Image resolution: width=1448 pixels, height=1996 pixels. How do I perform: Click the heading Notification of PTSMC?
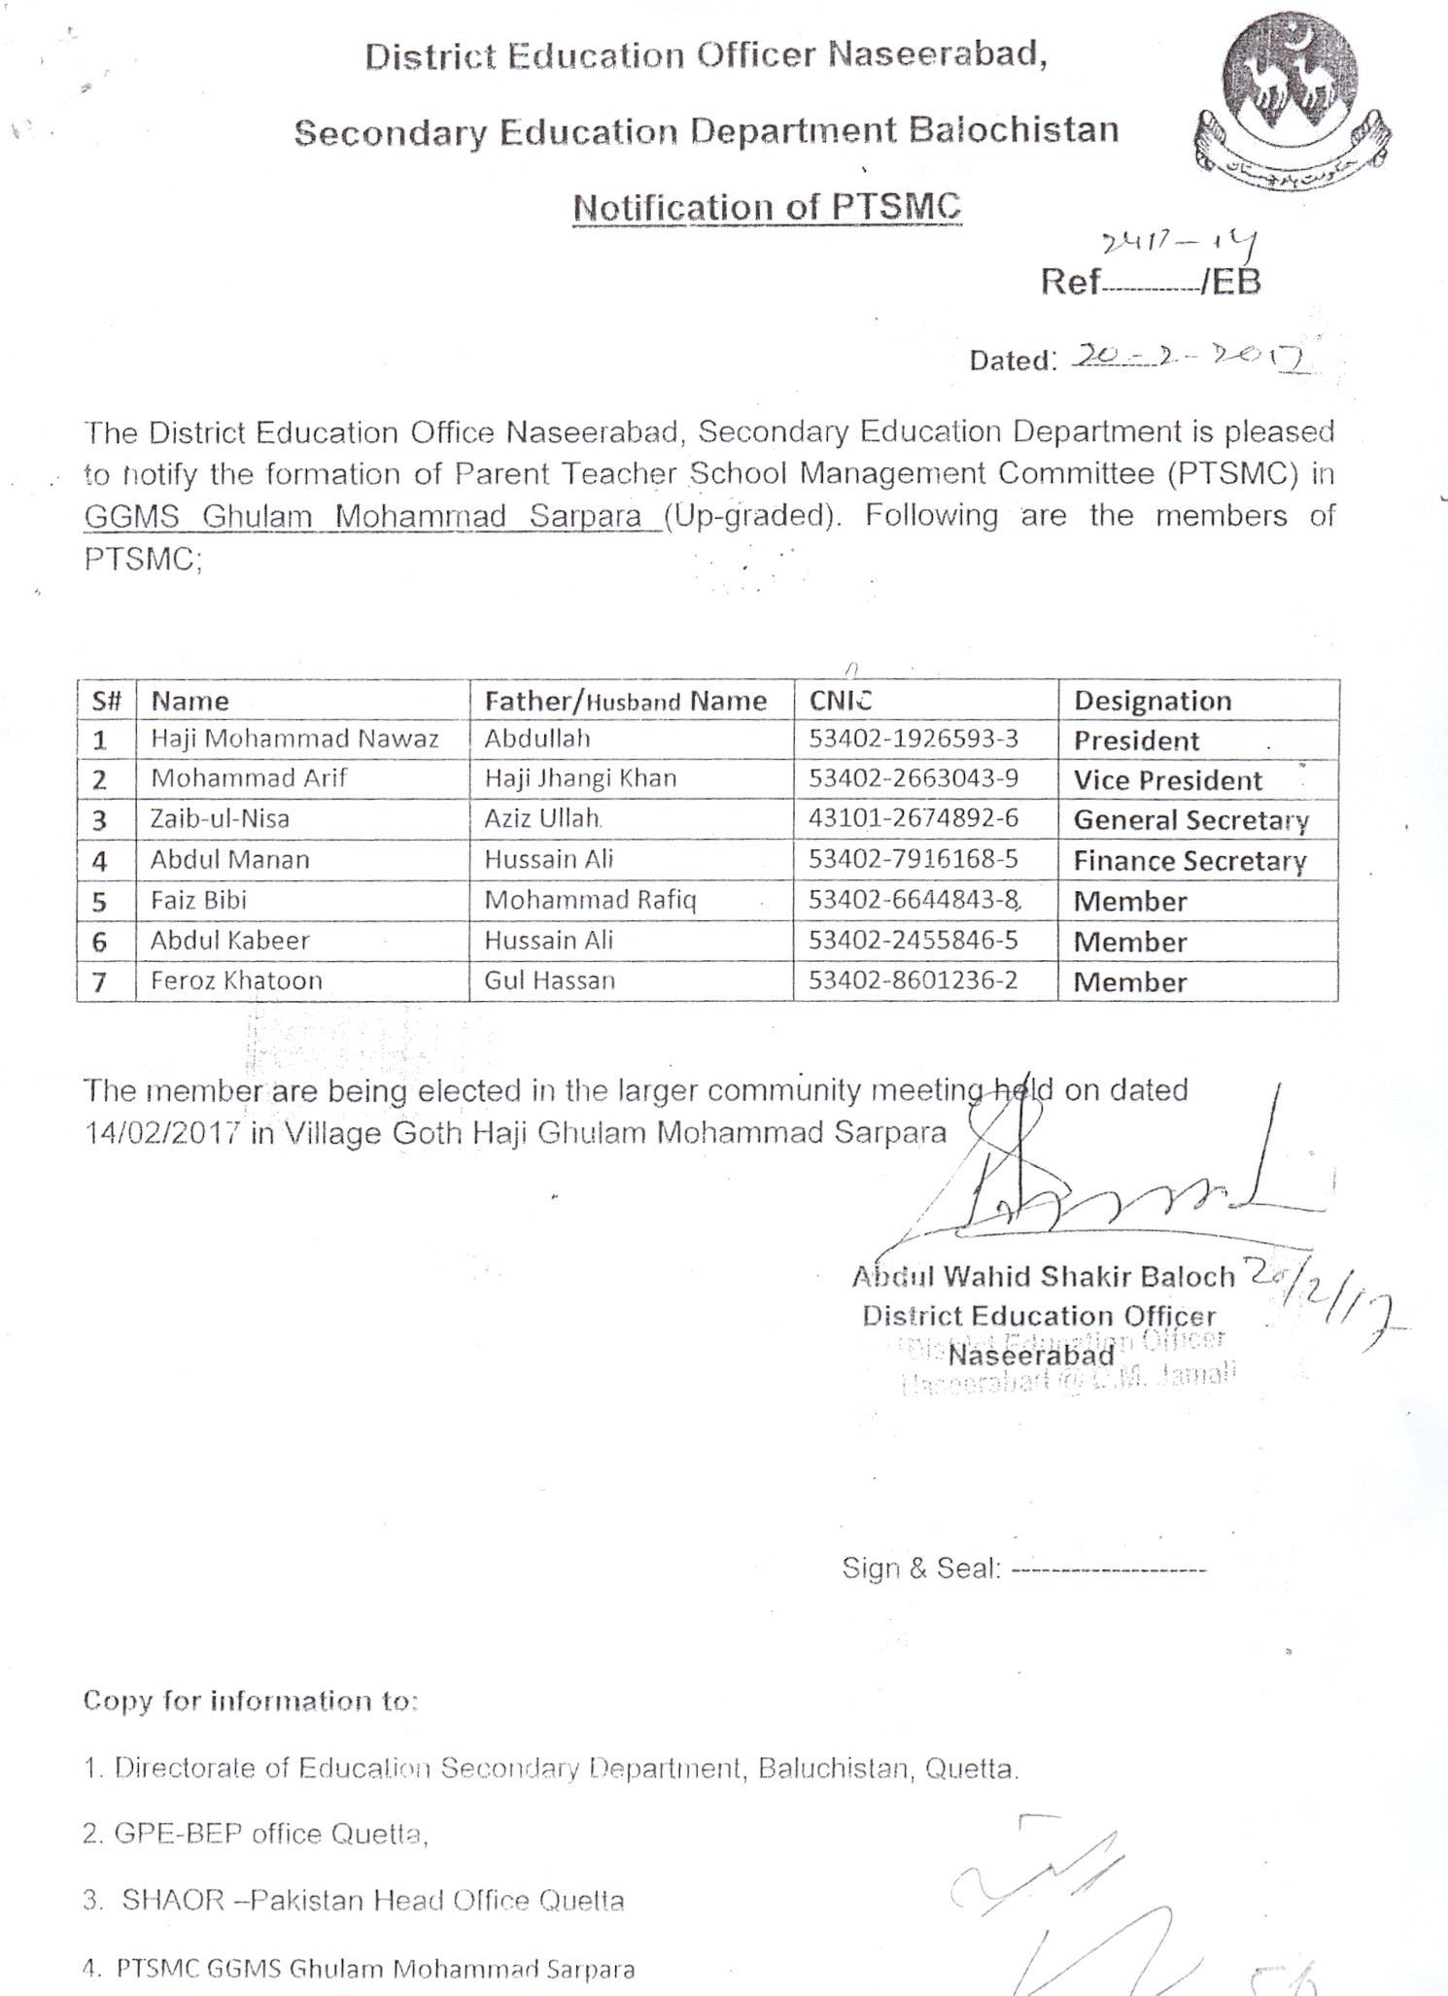[767, 207]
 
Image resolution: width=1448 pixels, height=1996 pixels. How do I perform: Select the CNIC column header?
[841, 701]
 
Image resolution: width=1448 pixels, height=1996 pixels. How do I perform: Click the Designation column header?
[1152, 701]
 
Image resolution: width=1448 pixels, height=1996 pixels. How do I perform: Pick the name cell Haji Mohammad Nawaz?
[294, 740]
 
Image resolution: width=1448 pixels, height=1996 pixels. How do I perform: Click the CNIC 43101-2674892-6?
[913, 818]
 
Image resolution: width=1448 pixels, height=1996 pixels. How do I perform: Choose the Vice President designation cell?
[1167, 780]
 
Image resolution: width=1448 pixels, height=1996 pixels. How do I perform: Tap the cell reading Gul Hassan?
[549, 981]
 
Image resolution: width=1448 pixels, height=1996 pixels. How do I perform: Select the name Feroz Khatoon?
[236, 981]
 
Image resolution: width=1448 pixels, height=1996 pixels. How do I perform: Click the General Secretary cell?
[1190, 820]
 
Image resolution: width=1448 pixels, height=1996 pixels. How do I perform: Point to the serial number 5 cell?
[99, 902]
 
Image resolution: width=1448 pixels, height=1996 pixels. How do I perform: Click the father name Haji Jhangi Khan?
[580, 778]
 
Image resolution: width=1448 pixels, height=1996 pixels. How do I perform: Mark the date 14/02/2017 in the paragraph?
[162, 1134]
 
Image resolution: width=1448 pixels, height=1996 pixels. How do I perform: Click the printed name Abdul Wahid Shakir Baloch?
[1043, 1276]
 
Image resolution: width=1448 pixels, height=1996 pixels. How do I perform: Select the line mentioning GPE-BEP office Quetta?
[256, 1834]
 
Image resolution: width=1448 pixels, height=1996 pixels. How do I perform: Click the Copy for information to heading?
[250, 1701]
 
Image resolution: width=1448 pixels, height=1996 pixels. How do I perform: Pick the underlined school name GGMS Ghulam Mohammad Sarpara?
[362, 516]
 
